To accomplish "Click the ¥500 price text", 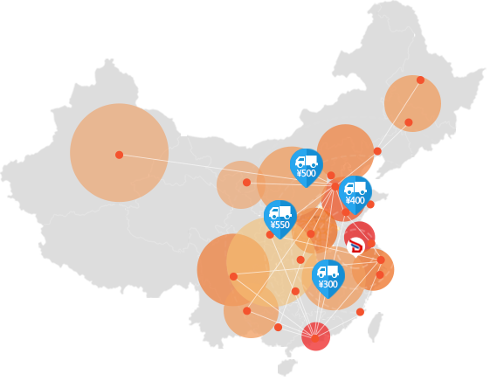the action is pos(307,173).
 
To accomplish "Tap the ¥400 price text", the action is pos(355,200).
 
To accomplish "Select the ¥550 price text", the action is pos(280,225).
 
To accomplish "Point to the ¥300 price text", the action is pos(328,284).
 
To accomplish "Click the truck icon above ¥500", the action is pos(307,162).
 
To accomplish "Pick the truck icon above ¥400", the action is pos(355,189).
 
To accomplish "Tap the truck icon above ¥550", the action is pos(280,213).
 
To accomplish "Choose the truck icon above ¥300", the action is pos(328,273).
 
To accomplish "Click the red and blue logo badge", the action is pos(355,246).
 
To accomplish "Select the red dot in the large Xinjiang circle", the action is pos(119,155).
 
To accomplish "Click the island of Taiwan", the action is pos(376,327).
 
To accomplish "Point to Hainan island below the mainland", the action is pos(287,367).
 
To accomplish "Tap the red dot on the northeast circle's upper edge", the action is pos(420,80).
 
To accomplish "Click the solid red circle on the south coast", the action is pos(315,336).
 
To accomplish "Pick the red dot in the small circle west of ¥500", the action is pos(246,183).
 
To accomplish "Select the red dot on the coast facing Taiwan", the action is pos(360,312).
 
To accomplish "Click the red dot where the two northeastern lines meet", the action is pos(377,151).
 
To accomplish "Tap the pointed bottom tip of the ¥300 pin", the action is pos(328,299).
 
